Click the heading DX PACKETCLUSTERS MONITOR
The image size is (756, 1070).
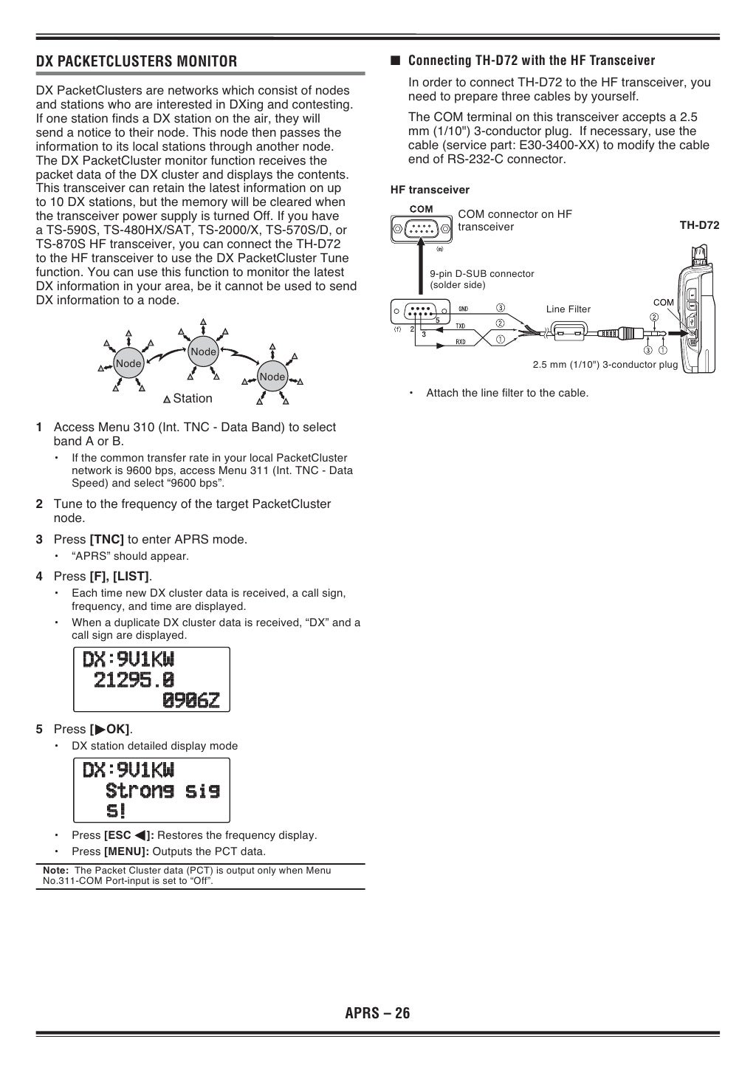pyautogui.click(x=137, y=61)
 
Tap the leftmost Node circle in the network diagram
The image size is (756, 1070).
pyautogui.click(x=128, y=363)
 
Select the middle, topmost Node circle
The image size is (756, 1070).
pyautogui.click(x=203, y=351)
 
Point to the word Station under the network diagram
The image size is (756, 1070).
pyautogui.click(x=193, y=399)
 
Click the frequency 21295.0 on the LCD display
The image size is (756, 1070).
pyautogui.click(x=134, y=679)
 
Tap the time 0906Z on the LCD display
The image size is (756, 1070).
pyautogui.click(x=190, y=699)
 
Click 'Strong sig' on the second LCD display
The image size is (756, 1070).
pyautogui.click(x=162, y=791)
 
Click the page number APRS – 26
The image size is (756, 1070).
pyautogui.click(x=377, y=1012)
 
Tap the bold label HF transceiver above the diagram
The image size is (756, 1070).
pyautogui.click(x=430, y=190)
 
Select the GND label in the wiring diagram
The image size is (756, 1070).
pyautogui.click(x=464, y=309)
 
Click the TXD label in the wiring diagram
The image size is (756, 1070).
pyautogui.click(x=460, y=326)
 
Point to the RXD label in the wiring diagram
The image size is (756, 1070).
pyautogui.click(x=460, y=342)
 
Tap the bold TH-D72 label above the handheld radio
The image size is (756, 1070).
pyautogui.click(x=698, y=225)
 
